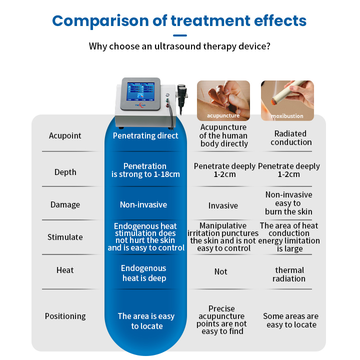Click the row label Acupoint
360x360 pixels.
point(65,135)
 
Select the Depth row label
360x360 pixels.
point(65,172)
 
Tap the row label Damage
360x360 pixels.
point(65,204)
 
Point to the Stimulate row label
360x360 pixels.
point(65,237)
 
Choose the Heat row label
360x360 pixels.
point(65,270)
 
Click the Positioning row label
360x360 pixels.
point(65,316)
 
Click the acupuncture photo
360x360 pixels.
point(223,100)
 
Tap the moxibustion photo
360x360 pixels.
point(287,100)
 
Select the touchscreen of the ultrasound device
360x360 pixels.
point(140,92)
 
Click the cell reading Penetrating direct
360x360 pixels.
point(145,135)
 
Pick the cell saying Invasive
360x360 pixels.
point(223,205)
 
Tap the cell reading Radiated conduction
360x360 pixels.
point(291,138)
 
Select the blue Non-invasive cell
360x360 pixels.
point(143,204)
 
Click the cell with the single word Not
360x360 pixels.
point(221,271)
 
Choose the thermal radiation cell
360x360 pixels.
point(289,274)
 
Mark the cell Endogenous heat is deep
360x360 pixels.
point(144,273)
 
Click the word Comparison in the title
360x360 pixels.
point(101,21)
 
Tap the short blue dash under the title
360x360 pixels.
point(180,35)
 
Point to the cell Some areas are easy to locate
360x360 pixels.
point(291,320)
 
